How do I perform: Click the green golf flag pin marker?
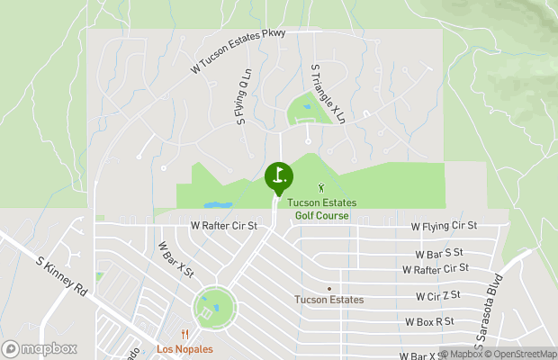tap(279, 175)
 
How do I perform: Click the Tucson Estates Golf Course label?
tap(322, 209)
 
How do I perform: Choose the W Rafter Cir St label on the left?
tap(224, 227)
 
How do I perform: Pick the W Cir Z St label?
tap(438, 294)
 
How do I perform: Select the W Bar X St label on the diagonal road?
tap(175, 258)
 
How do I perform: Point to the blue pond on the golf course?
tap(217, 205)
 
